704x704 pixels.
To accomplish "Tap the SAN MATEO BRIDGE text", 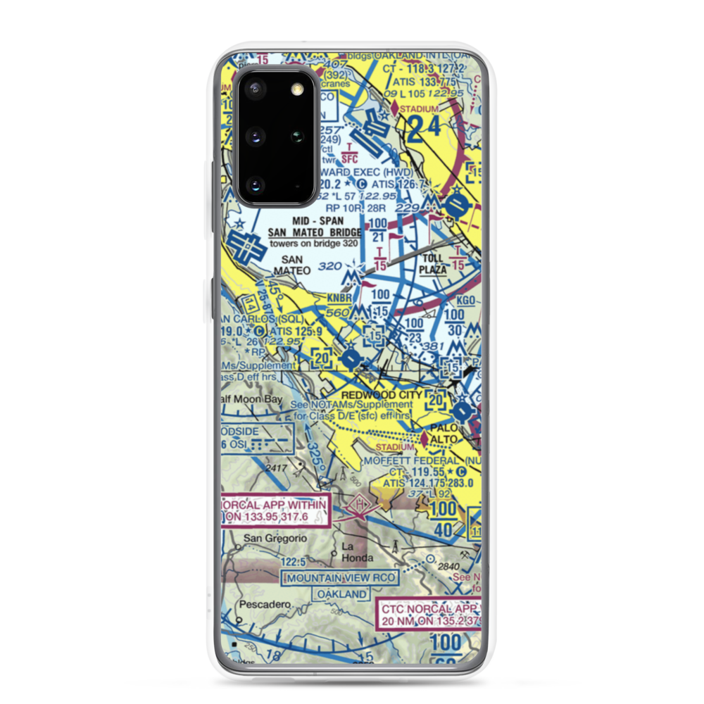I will click(x=315, y=233).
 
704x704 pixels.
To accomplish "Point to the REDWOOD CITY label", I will click(x=381, y=395).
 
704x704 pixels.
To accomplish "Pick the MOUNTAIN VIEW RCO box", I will click(x=340, y=578).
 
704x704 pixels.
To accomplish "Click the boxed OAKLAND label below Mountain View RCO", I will click(x=341, y=594).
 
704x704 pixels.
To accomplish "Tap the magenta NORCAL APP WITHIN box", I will click(x=275, y=511).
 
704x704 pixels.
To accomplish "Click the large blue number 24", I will click(x=423, y=127).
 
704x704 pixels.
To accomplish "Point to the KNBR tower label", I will click(x=338, y=298).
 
